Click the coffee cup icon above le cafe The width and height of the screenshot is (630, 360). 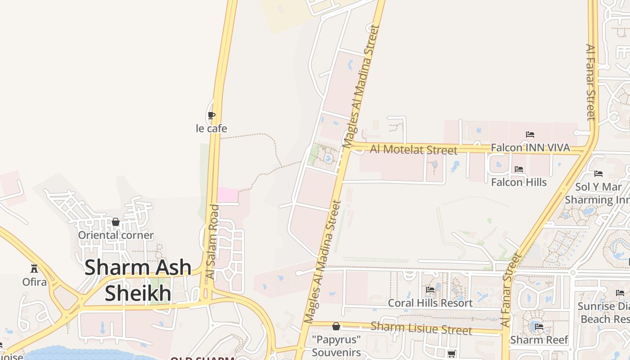[x=211, y=116]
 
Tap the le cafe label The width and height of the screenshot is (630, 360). [x=211, y=129]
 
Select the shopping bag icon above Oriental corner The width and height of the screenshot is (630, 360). [x=116, y=222]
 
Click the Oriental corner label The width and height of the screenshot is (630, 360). [x=116, y=235]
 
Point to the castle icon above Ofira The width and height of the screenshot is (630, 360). [x=34, y=269]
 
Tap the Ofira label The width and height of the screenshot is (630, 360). [x=35, y=282]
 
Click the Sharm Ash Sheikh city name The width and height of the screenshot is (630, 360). [x=138, y=280]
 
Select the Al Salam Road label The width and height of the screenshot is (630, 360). [x=212, y=242]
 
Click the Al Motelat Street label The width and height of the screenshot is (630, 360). [x=414, y=149]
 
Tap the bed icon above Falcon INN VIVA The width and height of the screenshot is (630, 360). [x=530, y=134]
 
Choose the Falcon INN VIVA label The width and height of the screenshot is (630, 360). [x=530, y=148]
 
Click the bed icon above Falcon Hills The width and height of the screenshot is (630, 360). [x=519, y=169]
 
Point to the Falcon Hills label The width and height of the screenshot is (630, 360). [x=519, y=182]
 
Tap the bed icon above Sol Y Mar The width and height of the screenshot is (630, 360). [x=598, y=173]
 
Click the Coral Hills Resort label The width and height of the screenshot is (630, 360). [x=430, y=303]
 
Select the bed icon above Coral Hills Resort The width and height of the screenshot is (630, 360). [x=430, y=290]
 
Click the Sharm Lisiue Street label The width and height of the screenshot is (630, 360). [x=421, y=328]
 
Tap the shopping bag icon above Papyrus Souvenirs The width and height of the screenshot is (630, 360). [x=336, y=326]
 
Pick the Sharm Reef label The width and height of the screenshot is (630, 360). [x=539, y=340]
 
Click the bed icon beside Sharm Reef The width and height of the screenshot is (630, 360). [x=539, y=327]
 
